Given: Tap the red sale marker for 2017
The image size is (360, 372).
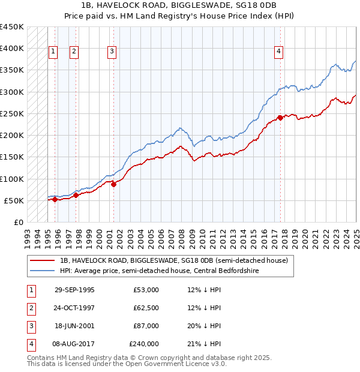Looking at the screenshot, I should (x=280, y=118).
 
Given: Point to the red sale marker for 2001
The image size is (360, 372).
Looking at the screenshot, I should (x=113, y=184).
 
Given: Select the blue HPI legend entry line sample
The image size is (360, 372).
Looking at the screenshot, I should (x=43, y=271).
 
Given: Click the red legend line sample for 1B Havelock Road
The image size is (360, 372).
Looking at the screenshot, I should (x=43, y=260).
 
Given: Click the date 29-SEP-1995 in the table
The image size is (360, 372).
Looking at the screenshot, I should (x=74, y=290).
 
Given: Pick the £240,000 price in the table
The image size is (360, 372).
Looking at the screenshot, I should (x=144, y=344).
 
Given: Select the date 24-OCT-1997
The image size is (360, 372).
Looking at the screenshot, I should (x=74, y=308).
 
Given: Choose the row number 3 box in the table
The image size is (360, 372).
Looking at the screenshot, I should (x=31, y=326).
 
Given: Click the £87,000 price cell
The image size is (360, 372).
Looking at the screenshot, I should (x=146, y=326).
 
